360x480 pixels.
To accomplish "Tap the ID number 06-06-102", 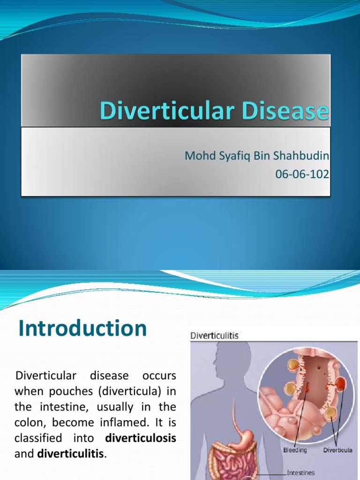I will click(x=302, y=174).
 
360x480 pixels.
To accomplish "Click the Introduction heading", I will click(x=82, y=328).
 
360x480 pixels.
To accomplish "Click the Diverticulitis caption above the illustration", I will click(x=214, y=336).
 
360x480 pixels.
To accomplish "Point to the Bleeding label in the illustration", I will click(x=295, y=450).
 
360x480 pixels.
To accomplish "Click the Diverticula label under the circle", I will click(x=338, y=450).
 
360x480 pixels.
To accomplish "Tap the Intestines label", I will click(x=301, y=473).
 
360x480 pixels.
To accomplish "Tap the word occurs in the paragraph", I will click(x=158, y=376).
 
